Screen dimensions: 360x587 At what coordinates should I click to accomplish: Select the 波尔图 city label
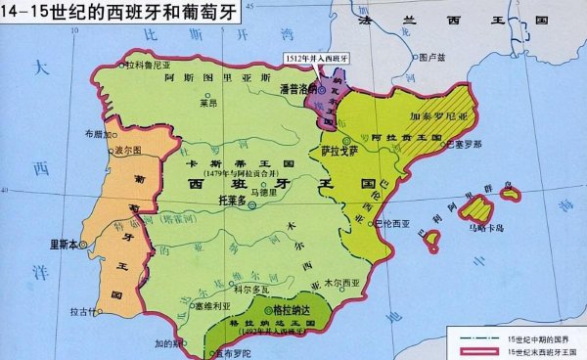click(129, 152)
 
